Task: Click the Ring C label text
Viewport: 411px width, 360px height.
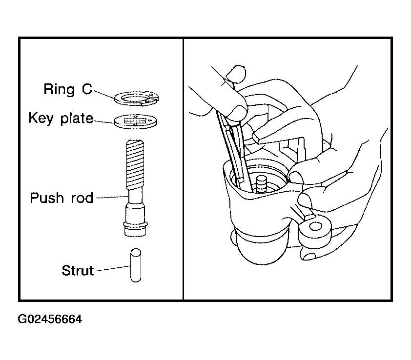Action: [68, 89]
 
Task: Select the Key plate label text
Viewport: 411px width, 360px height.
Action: [61, 118]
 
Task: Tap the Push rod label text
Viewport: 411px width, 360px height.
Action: [62, 198]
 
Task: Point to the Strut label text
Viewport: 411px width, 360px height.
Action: [78, 270]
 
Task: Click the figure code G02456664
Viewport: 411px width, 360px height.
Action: [50, 319]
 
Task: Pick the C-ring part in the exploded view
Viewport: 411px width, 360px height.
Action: [136, 98]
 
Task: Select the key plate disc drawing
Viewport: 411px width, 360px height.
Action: [136, 121]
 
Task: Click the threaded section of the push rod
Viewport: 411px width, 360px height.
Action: [135, 164]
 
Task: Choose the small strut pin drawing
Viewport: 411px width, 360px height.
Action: [136, 265]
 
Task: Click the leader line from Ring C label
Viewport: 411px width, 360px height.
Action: [104, 95]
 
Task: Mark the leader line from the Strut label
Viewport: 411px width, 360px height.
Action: [113, 268]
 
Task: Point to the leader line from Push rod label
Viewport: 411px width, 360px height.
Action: [112, 197]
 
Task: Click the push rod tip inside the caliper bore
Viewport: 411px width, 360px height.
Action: [261, 184]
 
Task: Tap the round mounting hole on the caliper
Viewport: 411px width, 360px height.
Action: [315, 226]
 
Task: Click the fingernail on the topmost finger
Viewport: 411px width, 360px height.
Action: [235, 73]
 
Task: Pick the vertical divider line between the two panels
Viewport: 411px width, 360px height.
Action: [183, 169]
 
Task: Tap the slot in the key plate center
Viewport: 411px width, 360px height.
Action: [135, 121]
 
